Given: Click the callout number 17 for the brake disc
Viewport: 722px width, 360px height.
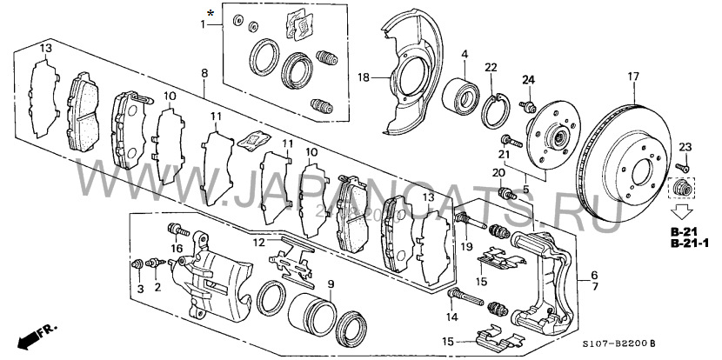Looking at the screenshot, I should click(632, 77).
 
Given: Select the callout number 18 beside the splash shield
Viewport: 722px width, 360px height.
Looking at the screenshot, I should click(364, 77).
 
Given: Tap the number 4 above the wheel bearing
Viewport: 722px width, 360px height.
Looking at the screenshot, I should click(466, 54).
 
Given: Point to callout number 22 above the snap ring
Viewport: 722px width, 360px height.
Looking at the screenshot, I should click(491, 67).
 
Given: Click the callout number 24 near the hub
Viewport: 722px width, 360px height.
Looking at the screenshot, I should click(526, 81).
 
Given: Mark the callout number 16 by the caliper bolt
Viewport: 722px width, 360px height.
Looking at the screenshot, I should click(176, 248).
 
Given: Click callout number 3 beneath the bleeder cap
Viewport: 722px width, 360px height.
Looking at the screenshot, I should click(138, 287).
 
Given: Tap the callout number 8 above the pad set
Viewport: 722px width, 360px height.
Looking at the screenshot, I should click(204, 72).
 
